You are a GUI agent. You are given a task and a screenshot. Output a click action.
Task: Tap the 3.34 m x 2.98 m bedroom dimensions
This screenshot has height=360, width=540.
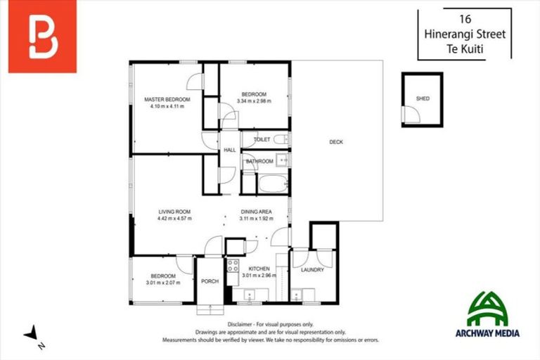[x=254, y=101]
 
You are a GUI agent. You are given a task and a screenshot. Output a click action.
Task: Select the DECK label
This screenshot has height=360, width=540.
[x=336, y=142]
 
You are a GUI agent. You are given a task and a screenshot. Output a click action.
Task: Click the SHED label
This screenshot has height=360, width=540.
[x=422, y=99]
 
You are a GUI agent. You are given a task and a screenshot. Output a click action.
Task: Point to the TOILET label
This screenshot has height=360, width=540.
[x=262, y=140]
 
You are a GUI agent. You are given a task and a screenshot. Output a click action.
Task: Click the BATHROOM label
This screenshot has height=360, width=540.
[x=259, y=161]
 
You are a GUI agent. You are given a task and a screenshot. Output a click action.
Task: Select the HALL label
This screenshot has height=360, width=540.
[x=230, y=150]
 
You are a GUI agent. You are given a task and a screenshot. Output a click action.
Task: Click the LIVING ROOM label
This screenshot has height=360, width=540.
[x=174, y=212]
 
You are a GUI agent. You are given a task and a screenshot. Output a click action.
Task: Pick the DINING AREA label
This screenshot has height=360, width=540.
[x=256, y=212]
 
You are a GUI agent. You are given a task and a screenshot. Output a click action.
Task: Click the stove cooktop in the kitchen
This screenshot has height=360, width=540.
[x=233, y=267]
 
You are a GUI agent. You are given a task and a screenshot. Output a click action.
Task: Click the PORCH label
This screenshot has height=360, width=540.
[x=210, y=281]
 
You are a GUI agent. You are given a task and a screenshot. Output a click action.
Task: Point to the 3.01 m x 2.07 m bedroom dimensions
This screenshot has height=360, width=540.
[x=163, y=283]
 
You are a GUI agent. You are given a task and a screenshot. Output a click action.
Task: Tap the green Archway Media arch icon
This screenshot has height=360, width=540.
[x=487, y=307]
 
